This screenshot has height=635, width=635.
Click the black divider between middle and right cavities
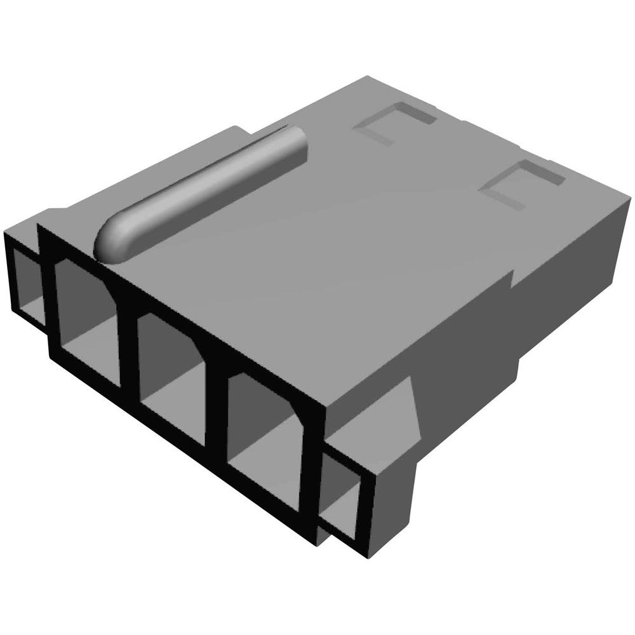pos(216,406)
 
